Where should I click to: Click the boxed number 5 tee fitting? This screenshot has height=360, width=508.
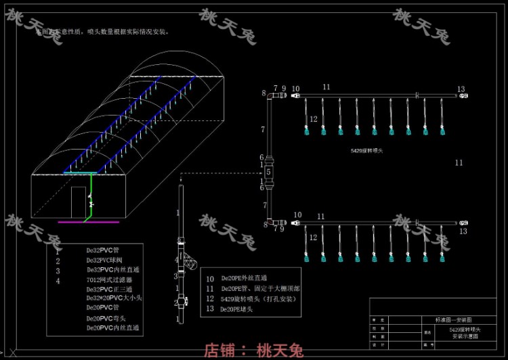pos(268,172)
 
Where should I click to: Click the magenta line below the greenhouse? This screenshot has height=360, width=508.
pos(89,221)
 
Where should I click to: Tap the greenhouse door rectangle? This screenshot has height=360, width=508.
pos(80,202)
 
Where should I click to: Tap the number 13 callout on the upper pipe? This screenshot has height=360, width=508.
pos(461,89)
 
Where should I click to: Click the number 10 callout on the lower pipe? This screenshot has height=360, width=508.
pos(297,215)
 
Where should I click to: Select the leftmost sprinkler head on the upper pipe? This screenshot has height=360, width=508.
pos(306,131)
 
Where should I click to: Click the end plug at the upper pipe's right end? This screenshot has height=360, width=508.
pos(463,97)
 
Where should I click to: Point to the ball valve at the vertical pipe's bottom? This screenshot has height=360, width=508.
pos(181,302)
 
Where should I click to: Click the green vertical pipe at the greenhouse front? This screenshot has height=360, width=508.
pos(90,196)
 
